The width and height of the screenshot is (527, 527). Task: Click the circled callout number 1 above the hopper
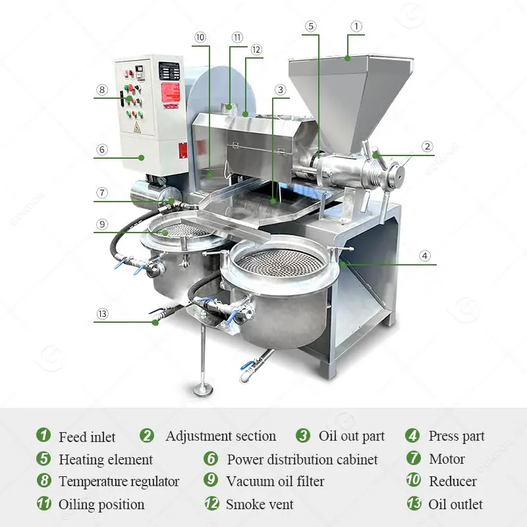(356, 26)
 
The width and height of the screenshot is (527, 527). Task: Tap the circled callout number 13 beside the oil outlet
(101, 314)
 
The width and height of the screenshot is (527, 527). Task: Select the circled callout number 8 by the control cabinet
(101, 90)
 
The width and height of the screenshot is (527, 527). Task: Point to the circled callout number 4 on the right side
(425, 256)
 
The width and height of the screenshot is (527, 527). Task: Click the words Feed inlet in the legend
(87, 437)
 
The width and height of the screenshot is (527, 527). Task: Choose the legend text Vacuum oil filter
(275, 482)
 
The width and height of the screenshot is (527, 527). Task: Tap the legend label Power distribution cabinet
(302, 459)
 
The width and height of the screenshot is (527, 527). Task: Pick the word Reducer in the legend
(453, 482)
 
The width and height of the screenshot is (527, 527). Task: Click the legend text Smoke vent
(260, 505)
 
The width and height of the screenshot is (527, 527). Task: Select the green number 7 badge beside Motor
(413, 458)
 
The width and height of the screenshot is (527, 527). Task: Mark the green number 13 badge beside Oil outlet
(413, 504)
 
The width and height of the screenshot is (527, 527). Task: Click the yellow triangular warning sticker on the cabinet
(137, 126)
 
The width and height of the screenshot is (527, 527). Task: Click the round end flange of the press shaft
(395, 173)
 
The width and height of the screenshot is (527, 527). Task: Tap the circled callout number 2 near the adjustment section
(427, 146)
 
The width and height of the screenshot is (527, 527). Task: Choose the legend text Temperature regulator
(119, 482)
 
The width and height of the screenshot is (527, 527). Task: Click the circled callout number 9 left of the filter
(101, 224)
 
